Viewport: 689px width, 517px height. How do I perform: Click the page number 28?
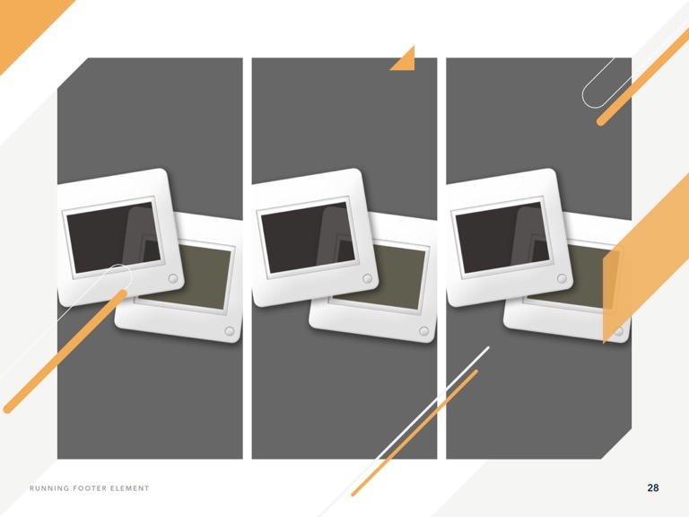pyautogui.click(x=653, y=487)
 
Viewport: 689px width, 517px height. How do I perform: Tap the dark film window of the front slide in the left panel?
pyautogui.click(x=113, y=238)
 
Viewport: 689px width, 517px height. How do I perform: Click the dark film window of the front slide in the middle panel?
pyautogui.click(x=308, y=238)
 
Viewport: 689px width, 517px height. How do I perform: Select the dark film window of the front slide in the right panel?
pyautogui.click(x=502, y=238)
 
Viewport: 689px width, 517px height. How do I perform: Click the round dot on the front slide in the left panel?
pyautogui.click(x=173, y=278)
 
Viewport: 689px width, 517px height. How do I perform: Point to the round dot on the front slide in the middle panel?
pyautogui.click(x=367, y=278)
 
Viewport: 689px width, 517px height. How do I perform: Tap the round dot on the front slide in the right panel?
pyautogui.click(x=562, y=278)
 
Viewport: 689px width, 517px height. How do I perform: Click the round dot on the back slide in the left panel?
pyautogui.click(x=230, y=331)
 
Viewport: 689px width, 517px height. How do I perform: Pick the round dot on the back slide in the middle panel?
pyautogui.click(x=423, y=331)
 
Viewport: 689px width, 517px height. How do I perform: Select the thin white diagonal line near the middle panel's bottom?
pyautogui.click(x=432, y=403)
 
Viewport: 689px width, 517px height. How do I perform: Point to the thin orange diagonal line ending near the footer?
pyautogui.click(x=414, y=433)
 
